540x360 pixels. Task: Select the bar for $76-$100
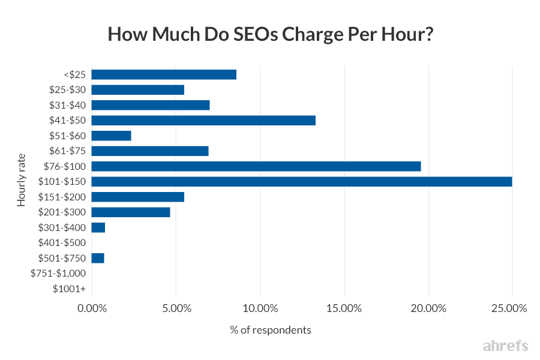click(256, 166)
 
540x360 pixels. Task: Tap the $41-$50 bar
click(203, 121)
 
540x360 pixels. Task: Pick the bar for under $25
click(164, 74)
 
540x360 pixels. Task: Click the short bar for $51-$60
click(111, 136)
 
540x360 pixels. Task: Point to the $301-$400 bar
click(98, 227)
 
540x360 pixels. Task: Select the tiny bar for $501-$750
click(98, 258)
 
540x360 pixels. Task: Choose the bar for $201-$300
click(131, 212)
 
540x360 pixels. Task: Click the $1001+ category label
click(69, 289)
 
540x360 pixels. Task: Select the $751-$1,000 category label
click(58, 273)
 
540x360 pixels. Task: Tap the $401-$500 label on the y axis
click(62, 242)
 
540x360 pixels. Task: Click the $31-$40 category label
click(67, 105)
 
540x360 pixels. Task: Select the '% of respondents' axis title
click(271, 330)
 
